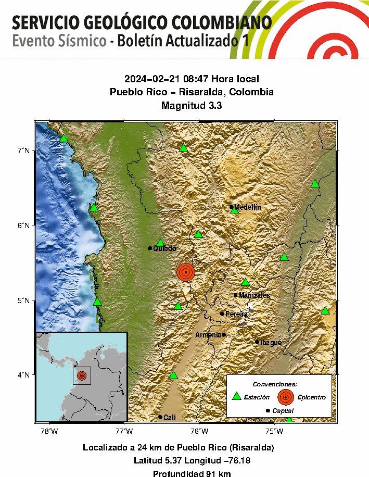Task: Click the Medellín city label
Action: click(247, 207)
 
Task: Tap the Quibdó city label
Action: click(164, 248)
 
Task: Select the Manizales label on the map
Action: click(255, 295)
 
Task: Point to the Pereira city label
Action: click(236, 314)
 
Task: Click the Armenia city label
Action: click(208, 335)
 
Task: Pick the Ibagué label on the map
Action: click(271, 343)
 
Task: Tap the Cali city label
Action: click(170, 418)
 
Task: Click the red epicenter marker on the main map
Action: click(186, 272)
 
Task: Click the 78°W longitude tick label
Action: click(49, 431)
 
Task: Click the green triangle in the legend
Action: click(237, 396)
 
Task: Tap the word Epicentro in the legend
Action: click(312, 397)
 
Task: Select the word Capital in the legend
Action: click(284, 411)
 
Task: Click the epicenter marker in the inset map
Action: click(82, 375)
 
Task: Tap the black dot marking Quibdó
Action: click(150, 248)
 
